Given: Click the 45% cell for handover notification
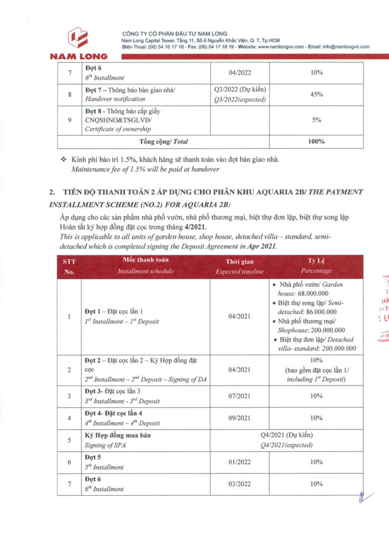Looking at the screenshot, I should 316,94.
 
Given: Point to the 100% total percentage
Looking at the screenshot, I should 316,142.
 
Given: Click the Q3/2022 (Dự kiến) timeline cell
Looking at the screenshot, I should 240,89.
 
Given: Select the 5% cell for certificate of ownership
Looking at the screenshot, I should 316,120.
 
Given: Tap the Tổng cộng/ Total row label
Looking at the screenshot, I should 163,142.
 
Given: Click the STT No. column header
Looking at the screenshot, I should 69,266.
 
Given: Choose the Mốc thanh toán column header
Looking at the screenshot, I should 145,266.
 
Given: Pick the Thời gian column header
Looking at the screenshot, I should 240,266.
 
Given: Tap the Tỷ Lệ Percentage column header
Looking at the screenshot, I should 316,266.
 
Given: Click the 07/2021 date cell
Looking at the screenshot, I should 240,396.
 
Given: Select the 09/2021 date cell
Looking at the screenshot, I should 240,417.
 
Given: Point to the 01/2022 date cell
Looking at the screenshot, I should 240,462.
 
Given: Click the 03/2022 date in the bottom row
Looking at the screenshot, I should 240,484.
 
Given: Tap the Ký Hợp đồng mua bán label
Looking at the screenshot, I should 118,435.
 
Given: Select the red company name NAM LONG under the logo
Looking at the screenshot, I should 78,56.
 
